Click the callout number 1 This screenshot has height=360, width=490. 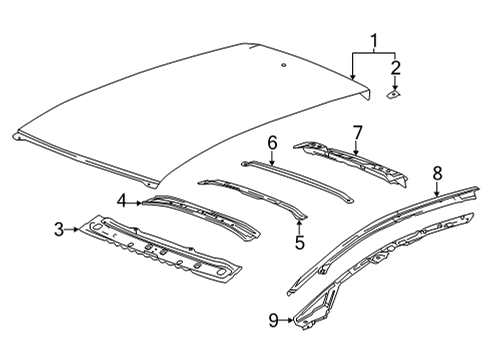tap(374, 42)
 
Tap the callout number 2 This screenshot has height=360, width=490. tap(396, 68)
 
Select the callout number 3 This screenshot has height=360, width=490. tap(57, 230)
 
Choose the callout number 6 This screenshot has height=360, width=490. tap(271, 144)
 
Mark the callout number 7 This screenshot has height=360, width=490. tap(358, 131)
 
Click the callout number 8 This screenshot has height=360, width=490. tap(437, 173)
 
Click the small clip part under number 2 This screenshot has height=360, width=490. tap(394, 95)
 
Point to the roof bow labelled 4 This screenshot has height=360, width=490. tap(200, 214)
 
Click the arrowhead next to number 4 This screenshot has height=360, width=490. tap(140, 202)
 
